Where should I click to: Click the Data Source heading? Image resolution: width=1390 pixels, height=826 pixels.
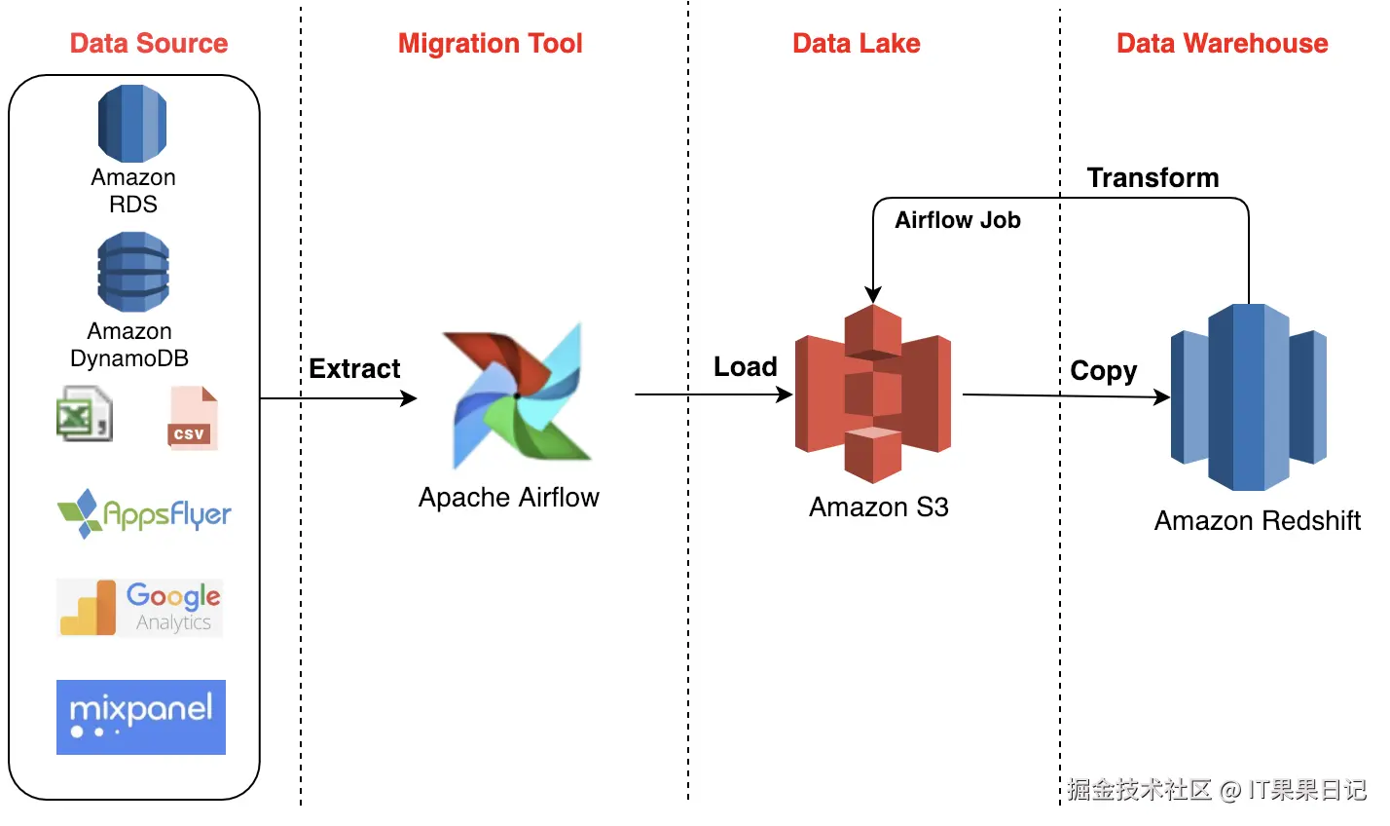tap(149, 44)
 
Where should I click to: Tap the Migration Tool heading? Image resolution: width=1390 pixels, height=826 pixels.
tap(491, 44)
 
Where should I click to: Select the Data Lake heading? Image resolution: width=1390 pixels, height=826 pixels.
tap(857, 44)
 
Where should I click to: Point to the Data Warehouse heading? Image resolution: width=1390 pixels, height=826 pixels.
tap(1223, 44)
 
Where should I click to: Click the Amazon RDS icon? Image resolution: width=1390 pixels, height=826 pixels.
tap(132, 123)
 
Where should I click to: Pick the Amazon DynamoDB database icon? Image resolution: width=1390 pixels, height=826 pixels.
tap(133, 272)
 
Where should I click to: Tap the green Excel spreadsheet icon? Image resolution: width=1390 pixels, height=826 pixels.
tap(85, 414)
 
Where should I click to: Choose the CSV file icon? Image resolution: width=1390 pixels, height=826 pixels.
tap(193, 418)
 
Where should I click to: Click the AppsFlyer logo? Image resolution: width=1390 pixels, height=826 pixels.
tap(144, 513)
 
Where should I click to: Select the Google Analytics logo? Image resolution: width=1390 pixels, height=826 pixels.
tap(140, 608)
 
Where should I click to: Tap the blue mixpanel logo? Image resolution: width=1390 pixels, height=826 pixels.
tap(141, 717)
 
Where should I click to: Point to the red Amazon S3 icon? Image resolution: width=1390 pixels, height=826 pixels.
tap(873, 394)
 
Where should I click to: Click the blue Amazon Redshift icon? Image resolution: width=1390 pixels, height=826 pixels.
tap(1249, 396)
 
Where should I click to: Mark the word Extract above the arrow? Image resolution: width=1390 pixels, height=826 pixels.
tap(355, 369)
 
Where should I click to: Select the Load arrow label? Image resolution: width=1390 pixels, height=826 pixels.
tap(746, 366)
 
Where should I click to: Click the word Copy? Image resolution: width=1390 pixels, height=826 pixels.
tap(1103, 372)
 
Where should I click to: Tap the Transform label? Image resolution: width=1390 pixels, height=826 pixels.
tap(1152, 177)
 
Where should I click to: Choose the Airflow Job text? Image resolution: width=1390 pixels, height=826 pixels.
tap(958, 220)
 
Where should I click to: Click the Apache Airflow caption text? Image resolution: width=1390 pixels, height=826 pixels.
tap(509, 498)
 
